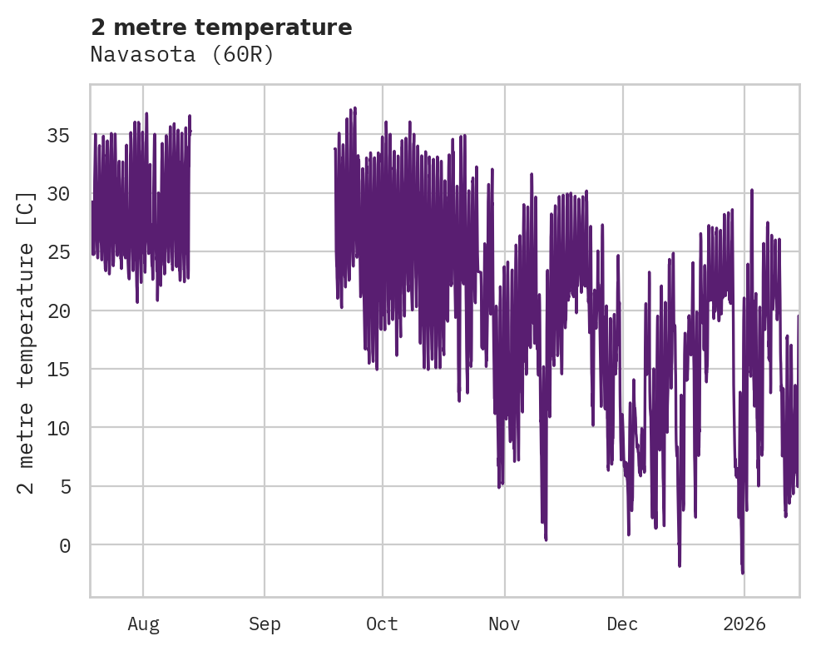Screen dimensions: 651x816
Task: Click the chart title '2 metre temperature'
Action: click(221, 27)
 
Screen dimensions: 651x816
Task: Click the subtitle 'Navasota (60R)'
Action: click(182, 55)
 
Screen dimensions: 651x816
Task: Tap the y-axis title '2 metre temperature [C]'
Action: click(27, 342)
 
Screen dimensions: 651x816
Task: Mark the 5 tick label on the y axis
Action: click(66, 486)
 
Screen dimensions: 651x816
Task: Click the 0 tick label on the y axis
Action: click(66, 545)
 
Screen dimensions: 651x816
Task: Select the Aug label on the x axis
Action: click(143, 624)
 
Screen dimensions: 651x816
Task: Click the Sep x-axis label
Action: click(265, 624)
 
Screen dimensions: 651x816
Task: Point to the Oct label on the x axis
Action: click(383, 624)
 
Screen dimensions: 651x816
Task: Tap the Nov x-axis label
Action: click(504, 624)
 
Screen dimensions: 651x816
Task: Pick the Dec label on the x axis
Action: click(622, 624)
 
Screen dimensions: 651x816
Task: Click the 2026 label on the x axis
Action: click(744, 624)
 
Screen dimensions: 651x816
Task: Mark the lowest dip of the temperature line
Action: click(743, 573)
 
